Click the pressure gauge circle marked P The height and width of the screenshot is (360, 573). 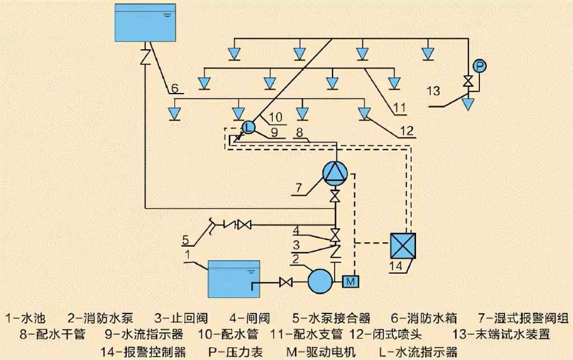[x=479, y=66]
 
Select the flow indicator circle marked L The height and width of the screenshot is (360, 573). [x=249, y=127]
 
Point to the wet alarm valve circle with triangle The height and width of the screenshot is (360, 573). [x=335, y=172]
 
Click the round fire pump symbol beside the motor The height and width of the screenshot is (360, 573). [x=320, y=280]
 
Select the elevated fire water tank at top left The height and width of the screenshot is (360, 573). [x=145, y=22]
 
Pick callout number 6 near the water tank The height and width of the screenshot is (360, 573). [x=175, y=89]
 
